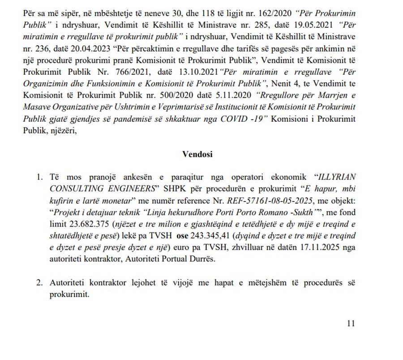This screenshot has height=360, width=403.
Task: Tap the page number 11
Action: click(351, 323)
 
